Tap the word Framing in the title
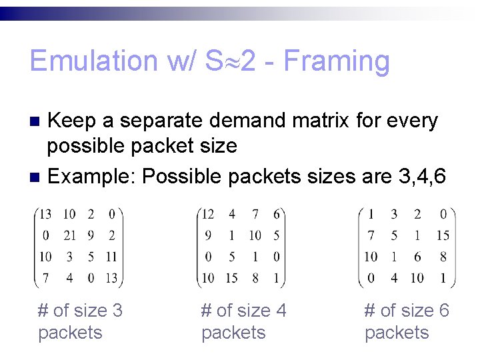point(337,61)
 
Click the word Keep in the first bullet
point(73,121)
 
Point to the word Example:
point(93,177)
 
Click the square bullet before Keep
point(37,121)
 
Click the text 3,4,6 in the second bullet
point(419,177)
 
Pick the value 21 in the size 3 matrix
point(69,235)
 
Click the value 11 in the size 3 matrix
point(111,256)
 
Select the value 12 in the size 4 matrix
point(208,214)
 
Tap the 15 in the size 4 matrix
point(231,277)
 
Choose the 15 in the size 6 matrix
point(443,235)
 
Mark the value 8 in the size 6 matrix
point(443,256)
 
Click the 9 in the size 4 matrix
point(208,235)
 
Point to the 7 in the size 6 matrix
point(371,235)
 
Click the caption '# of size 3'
point(81,311)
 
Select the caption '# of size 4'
point(243,311)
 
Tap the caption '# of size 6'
point(407,311)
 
